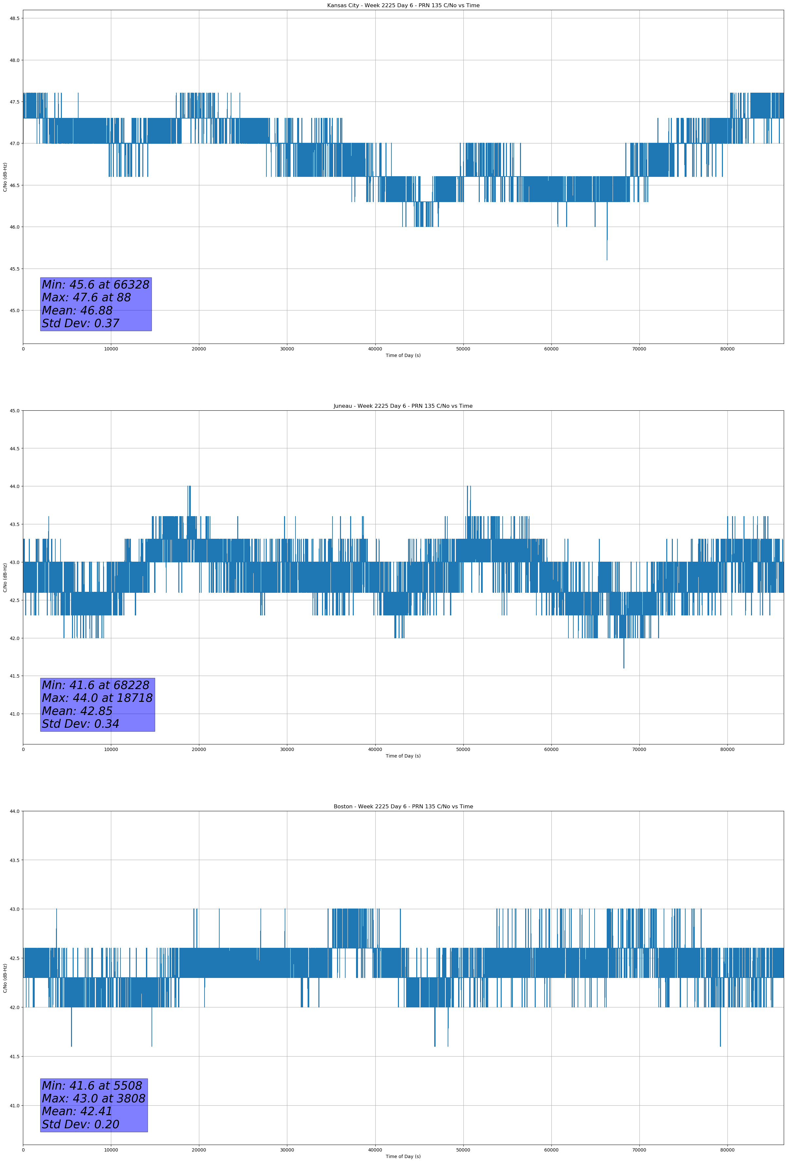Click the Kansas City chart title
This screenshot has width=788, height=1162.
(x=403, y=6)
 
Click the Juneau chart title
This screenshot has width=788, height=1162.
(x=403, y=406)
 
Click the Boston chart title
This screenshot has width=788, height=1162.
(x=403, y=807)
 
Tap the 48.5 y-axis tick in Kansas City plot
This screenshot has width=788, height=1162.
(x=14, y=18)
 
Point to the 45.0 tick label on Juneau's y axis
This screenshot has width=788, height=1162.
(x=14, y=411)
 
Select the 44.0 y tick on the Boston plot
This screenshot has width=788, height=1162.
(x=14, y=812)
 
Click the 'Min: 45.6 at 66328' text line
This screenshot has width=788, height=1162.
(x=96, y=285)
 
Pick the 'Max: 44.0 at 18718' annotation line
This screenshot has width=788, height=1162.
(x=97, y=698)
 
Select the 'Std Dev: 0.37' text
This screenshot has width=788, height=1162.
(x=81, y=324)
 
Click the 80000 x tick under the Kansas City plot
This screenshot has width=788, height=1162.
(x=727, y=349)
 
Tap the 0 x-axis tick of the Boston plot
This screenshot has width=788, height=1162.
(x=23, y=1150)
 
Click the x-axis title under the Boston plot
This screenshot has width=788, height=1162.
(x=403, y=1156)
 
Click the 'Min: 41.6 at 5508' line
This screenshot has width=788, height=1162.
(x=92, y=1085)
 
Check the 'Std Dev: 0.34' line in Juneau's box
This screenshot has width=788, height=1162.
(x=81, y=724)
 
